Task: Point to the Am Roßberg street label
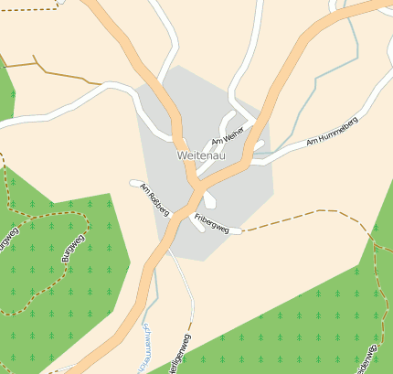coord(154,200)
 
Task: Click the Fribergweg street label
coord(211,222)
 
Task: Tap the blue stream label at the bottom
coord(144,350)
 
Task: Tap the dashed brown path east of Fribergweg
coord(302,215)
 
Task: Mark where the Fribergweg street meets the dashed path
coord(241,230)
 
